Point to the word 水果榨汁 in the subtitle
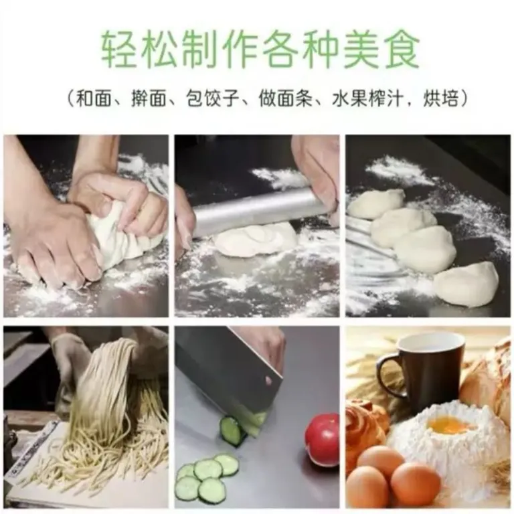click(367, 98)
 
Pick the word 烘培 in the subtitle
click(440, 98)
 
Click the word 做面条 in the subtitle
click(285, 98)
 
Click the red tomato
click(322, 438)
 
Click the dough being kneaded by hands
click(128, 230)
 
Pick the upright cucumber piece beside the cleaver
click(233, 431)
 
